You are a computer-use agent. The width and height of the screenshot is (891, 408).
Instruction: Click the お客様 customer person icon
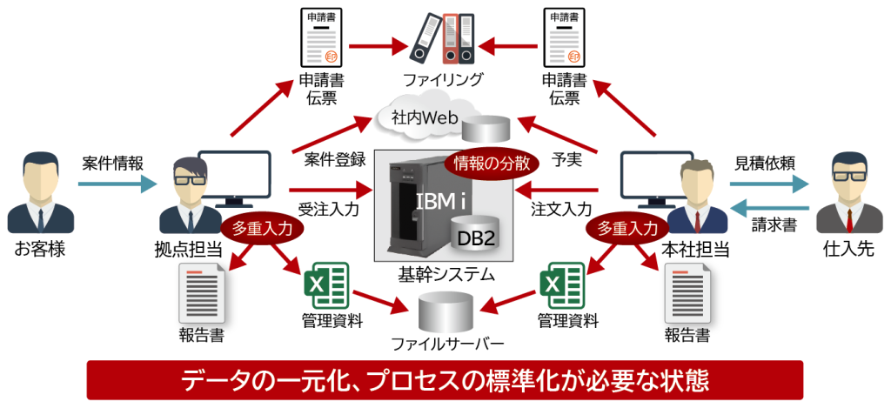[40, 192]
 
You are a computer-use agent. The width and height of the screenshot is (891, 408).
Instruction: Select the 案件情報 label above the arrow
[113, 163]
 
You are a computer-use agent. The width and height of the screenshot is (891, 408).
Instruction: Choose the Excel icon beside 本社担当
[560, 284]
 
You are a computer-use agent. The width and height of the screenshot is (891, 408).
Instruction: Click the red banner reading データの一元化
[445, 380]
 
